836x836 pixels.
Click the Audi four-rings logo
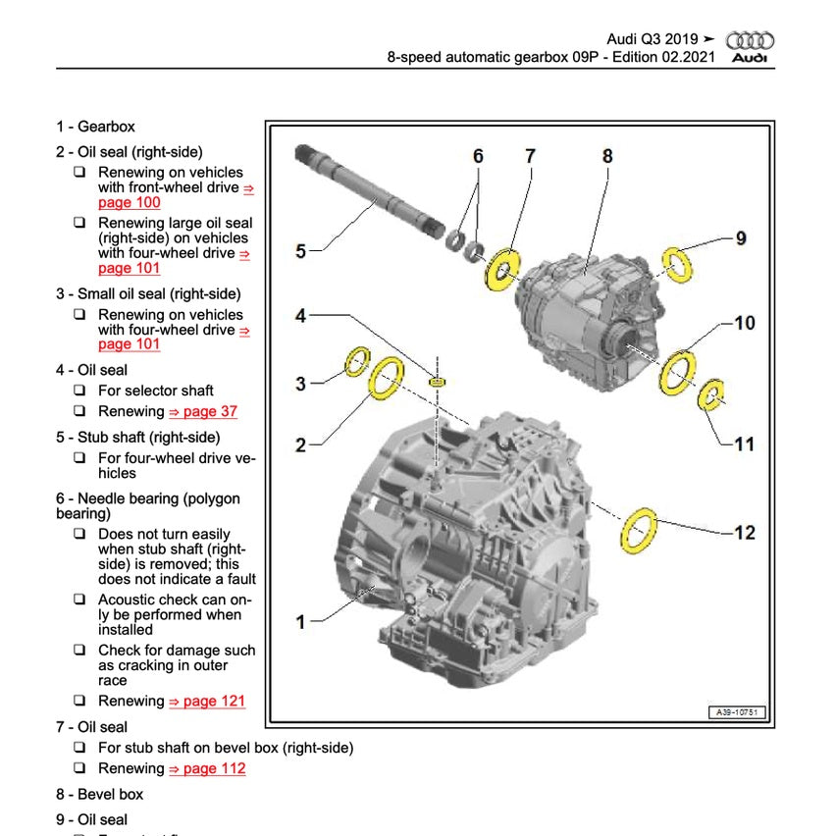pyautogui.click(x=750, y=40)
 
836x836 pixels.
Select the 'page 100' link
pyautogui.click(x=129, y=202)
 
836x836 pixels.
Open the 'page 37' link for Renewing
pyautogui.click(x=203, y=412)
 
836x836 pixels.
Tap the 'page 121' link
pyautogui.click(x=207, y=701)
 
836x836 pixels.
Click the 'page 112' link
pyautogui.click(x=207, y=768)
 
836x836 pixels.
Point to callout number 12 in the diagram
pyautogui.click(x=745, y=532)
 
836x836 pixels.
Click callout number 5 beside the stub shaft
pyautogui.click(x=301, y=251)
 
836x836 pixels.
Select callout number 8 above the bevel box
pyautogui.click(x=607, y=155)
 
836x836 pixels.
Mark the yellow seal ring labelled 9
pyautogui.click(x=676, y=264)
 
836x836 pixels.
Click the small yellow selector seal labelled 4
pyautogui.click(x=439, y=379)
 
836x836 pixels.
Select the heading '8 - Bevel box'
pyautogui.click(x=99, y=794)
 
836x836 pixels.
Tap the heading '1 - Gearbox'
pyautogui.click(x=95, y=127)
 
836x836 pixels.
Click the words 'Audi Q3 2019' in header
pyautogui.click(x=652, y=39)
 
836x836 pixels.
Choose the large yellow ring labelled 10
pyautogui.click(x=677, y=372)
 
